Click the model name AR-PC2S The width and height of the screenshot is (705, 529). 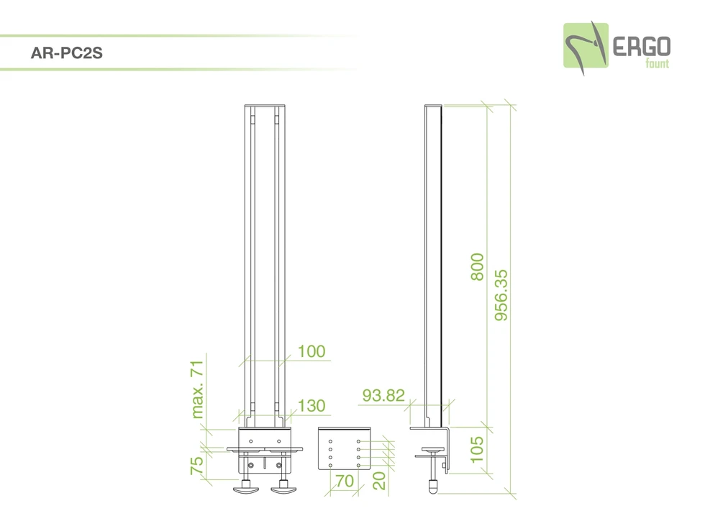click(66, 53)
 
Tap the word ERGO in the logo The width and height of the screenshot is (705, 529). click(642, 47)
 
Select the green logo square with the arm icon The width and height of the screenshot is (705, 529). click(586, 46)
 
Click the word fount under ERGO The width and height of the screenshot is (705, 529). click(658, 63)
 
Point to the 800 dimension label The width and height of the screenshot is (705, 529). click(477, 267)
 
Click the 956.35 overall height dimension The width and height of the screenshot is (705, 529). click(501, 295)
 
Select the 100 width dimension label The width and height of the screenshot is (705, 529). click(311, 351)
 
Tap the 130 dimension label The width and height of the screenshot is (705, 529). click(311, 406)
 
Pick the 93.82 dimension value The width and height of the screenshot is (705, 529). click(383, 395)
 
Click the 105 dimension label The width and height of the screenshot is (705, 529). click(477, 449)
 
